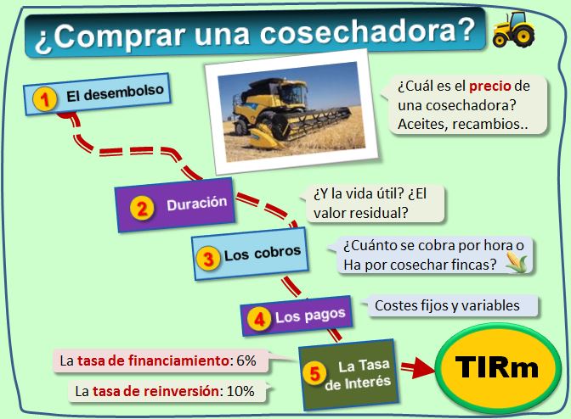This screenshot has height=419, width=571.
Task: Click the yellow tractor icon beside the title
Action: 513,30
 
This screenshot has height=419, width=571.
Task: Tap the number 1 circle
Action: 44,99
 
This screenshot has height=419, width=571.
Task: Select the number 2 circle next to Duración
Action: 142,208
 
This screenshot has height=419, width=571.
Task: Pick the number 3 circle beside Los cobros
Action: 208,259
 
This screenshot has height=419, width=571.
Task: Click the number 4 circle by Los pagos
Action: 259,319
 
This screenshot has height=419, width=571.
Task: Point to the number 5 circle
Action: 314,373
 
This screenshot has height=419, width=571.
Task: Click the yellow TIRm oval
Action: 498,368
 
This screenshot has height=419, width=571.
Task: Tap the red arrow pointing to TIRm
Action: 418,368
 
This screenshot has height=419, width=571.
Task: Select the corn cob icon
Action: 517,262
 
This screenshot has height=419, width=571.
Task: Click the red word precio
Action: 490,87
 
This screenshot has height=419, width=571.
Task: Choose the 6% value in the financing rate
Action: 246,360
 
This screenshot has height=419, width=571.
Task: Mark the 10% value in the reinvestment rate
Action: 240,391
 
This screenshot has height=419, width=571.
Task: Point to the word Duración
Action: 196,204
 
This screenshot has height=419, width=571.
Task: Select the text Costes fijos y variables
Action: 447,305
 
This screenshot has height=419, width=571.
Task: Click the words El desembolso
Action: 115,93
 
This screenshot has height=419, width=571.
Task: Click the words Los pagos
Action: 310,316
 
